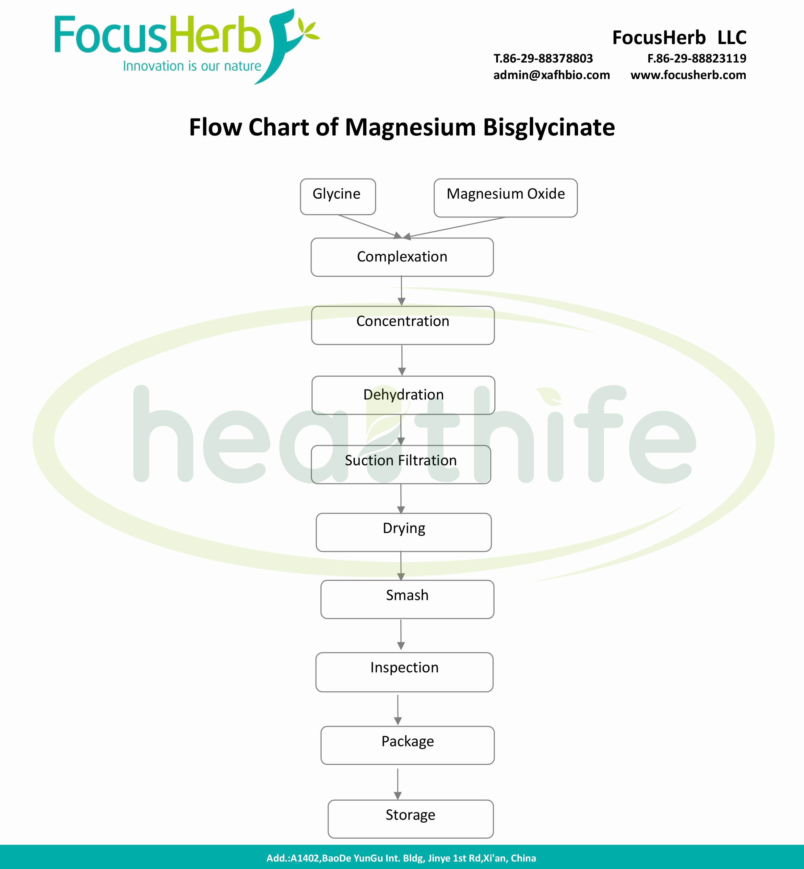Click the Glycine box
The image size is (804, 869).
coord(337,196)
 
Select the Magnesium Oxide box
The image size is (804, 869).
coord(505,197)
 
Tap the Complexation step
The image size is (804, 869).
coord(402,257)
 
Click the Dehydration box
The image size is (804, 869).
coord(403,395)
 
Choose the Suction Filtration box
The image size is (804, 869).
coord(401,464)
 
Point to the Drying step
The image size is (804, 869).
coord(404,532)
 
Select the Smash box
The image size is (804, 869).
coord(407,599)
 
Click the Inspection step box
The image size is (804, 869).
coord(404,672)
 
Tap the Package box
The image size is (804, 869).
coord(407,745)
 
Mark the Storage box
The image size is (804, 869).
coord(410,818)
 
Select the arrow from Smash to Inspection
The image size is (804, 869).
coord(401,635)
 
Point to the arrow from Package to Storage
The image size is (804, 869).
coord(398,783)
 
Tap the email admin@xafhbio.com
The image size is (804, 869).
coord(551,75)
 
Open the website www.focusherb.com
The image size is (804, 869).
coord(688,75)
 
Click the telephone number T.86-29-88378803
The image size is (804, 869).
coord(543,58)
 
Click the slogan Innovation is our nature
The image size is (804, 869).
coord(192,66)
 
